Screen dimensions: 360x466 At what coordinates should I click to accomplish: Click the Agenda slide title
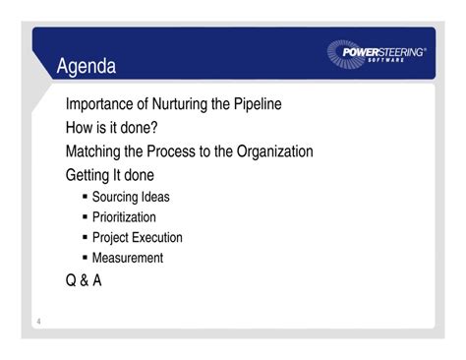87,67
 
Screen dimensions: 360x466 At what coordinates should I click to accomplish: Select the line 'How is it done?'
112,128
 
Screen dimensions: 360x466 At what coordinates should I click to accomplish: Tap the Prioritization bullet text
124,217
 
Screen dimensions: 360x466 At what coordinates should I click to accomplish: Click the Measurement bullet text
128,259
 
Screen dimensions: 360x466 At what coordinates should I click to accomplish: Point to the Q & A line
84,280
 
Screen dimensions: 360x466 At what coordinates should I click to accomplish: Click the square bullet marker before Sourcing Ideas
86,197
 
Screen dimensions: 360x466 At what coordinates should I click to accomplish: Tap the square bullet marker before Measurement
86,259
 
